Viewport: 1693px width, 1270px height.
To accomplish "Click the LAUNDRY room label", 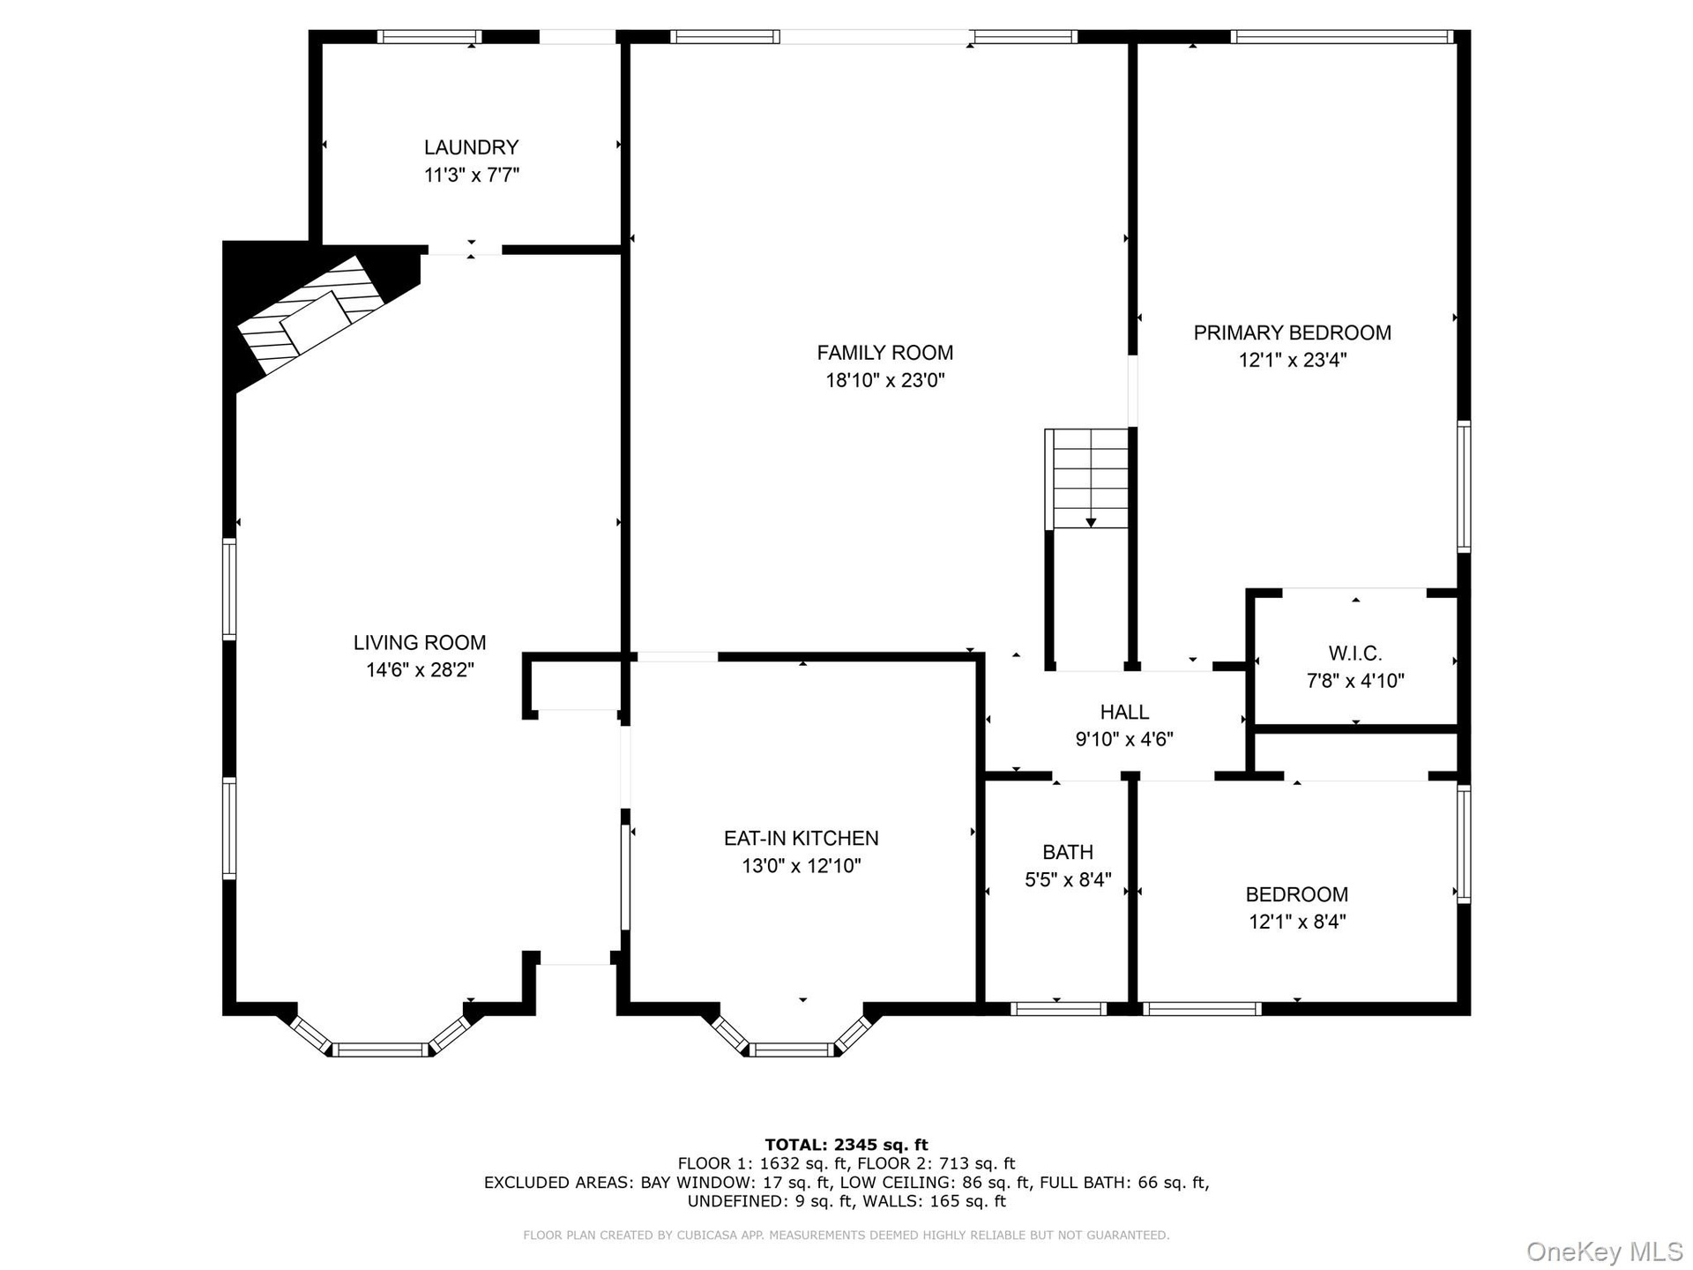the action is coord(471,147).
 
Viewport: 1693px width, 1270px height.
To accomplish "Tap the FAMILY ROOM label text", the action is coord(884,353).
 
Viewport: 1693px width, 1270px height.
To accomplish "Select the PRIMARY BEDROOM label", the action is coord(1292,332).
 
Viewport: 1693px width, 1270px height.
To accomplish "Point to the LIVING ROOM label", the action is coord(420,643).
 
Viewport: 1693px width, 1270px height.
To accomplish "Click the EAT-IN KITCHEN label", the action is coord(801,838).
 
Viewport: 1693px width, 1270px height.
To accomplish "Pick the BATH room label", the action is coord(1068,852).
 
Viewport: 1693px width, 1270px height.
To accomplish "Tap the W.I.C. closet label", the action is coord(1355,654).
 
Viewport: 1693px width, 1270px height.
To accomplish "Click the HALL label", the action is coord(1124,712).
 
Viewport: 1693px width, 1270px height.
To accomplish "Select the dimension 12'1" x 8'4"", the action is coord(1297,922).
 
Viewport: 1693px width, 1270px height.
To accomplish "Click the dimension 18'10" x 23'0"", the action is coord(884,380).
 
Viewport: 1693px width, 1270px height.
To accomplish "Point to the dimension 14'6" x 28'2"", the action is coord(420,670).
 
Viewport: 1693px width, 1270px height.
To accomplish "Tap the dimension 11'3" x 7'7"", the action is coord(471,175).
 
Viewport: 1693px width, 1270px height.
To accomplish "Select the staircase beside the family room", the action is coord(1087,479).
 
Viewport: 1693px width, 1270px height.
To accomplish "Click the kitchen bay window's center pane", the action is coord(792,1050).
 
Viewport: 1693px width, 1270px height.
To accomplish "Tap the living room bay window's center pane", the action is coord(381,1050).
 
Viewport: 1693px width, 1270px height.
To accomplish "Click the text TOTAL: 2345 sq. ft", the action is coord(846,1145).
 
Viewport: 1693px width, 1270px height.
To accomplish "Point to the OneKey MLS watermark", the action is coord(1604,1251).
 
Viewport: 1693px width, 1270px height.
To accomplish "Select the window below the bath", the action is coord(1057,1009).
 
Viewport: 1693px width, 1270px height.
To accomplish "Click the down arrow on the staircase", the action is coord(1091,523).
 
